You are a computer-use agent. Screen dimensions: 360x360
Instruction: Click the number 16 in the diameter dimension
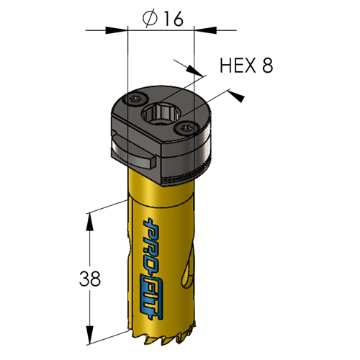tap(173, 19)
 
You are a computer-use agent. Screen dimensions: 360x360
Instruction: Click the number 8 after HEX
tap(267, 66)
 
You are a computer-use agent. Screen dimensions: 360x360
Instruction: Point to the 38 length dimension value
tap(90, 279)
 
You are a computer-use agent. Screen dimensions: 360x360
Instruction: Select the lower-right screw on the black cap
tap(186, 128)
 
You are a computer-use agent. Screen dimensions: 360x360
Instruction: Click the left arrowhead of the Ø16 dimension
tap(116, 30)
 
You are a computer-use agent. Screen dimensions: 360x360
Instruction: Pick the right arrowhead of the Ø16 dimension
tap(205, 30)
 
